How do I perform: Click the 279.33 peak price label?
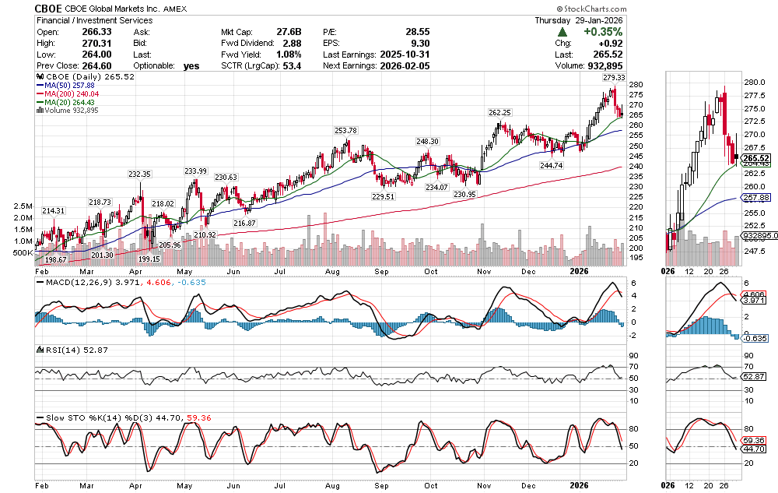coord(613,79)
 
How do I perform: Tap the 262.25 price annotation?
coord(499,112)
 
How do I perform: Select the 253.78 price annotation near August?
coord(345,130)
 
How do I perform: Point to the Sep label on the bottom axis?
coord(383,270)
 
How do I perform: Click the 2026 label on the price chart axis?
coord(579,270)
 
